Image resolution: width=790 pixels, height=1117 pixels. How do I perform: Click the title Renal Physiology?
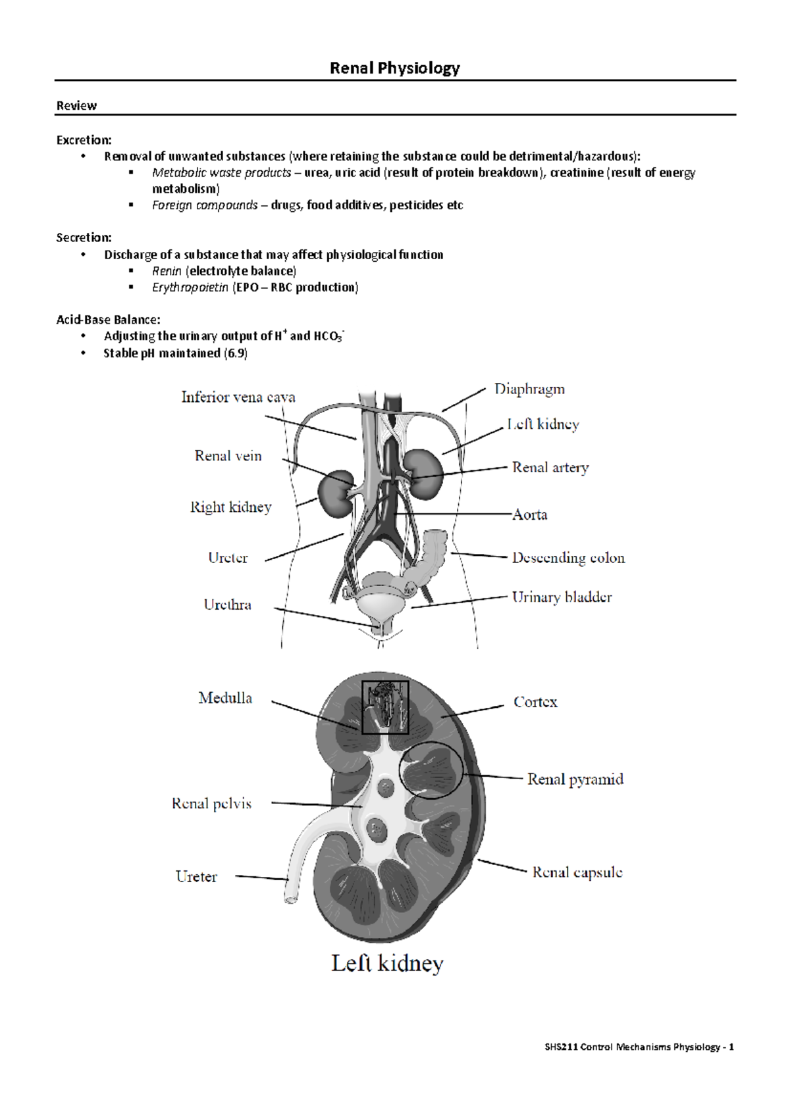[x=394, y=68]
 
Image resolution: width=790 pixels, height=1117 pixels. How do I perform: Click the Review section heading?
[x=76, y=106]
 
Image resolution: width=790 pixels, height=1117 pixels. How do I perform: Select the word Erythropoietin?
[x=190, y=287]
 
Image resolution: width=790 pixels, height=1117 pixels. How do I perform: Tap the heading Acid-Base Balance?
[x=108, y=320]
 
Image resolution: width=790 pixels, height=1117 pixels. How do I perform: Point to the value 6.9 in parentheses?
[x=236, y=353]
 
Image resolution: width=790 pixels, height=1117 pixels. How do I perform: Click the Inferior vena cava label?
[x=238, y=397]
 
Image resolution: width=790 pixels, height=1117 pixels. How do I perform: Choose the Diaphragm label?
[x=529, y=389]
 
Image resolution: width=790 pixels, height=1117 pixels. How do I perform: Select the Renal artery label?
[x=550, y=468]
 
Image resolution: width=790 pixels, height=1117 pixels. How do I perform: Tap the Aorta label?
[x=530, y=514]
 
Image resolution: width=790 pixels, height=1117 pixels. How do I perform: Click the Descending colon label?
[x=568, y=558]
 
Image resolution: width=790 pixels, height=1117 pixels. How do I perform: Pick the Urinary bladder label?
[x=562, y=597]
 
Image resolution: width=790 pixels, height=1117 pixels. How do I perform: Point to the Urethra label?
[x=227, y=605]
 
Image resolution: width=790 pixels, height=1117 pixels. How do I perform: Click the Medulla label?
[x=225, y=698]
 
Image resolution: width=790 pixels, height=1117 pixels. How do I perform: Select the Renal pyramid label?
[x=575, y=780]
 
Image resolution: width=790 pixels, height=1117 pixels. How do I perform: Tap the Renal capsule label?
[x=577, y=872]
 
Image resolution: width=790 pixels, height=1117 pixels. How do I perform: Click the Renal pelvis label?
[x=211, y=803]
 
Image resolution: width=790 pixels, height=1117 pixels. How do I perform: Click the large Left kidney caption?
[x=387, y=964]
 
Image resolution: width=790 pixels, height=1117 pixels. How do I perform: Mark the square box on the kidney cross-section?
[x=385, y=707]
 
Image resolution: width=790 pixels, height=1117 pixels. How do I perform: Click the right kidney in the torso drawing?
[x=334, y=492]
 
